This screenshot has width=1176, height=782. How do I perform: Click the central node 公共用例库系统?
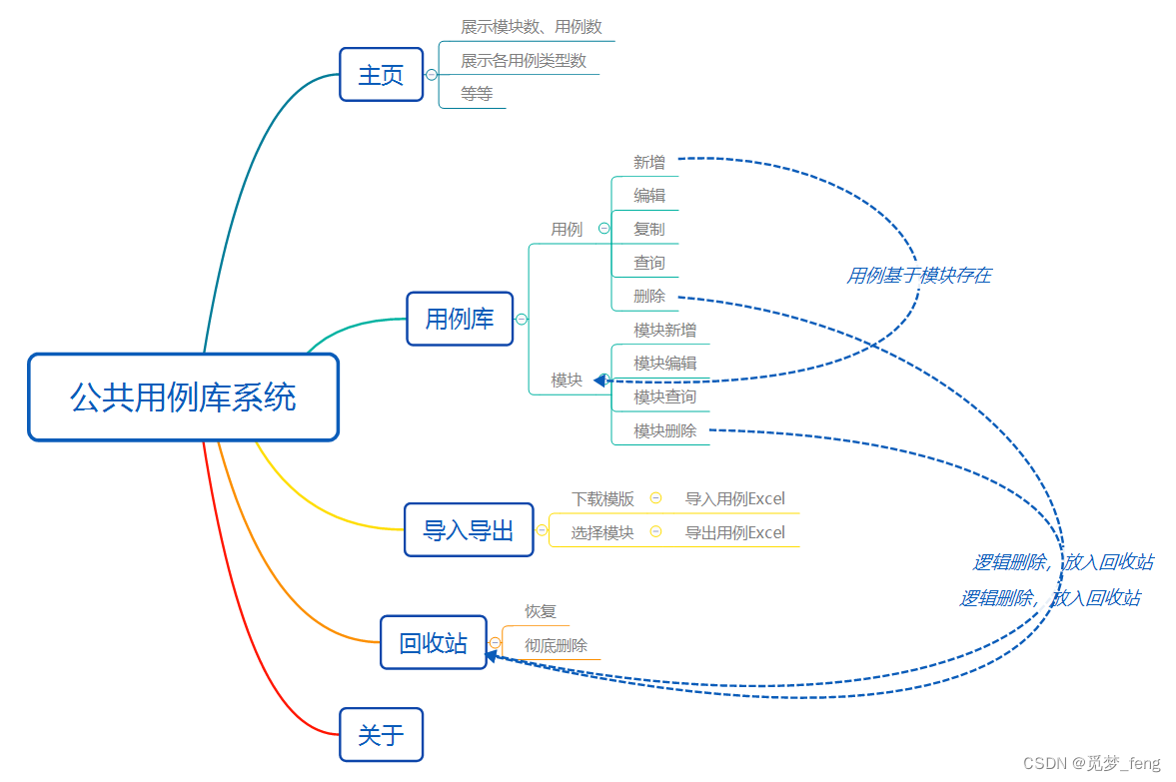point(183,397)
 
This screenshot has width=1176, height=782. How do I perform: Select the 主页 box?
point(381,75)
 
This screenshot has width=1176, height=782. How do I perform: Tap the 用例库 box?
point(460,319)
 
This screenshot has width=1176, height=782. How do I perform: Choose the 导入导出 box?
point(468,529)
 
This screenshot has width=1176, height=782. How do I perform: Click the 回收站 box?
point(433,642)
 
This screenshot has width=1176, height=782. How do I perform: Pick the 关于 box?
point(381,735)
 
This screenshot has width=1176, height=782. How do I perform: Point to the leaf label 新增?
point(648,161)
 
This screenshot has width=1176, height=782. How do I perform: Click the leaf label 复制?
point(648,229)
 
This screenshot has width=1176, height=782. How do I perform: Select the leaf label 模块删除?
point(664,430)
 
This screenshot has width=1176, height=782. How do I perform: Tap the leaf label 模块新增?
point(664,330)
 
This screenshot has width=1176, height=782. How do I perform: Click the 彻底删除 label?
point(556,645)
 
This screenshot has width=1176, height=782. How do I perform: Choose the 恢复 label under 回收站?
point(541,611)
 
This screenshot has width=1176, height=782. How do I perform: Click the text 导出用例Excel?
point(734,532)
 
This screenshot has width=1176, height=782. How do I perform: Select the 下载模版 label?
point(602,498)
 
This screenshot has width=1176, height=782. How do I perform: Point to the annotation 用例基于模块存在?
point(918,276)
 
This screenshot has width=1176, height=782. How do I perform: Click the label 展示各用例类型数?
point(524,61)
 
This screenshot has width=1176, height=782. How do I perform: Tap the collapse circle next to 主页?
point(432,75)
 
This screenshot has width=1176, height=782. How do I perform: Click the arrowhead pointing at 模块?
point(600,380)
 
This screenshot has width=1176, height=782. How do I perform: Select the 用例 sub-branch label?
point(567,229)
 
